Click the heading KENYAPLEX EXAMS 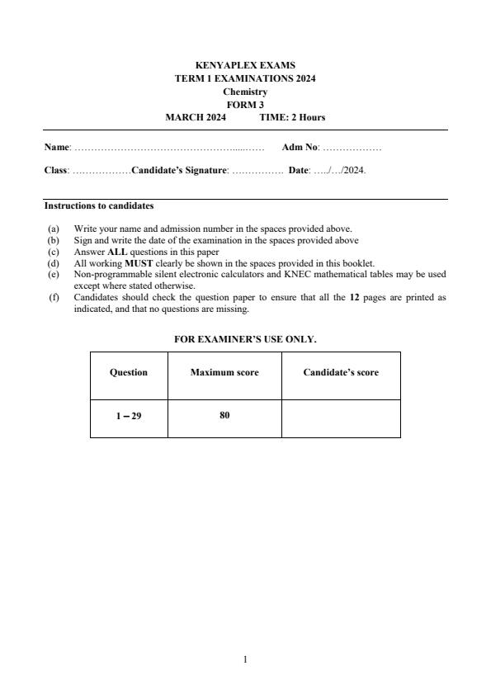coord(245,65)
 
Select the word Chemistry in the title coord(245,92)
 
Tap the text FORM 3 coord(245,105)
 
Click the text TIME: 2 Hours coord(292,117)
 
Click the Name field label coord(57,148)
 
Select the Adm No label coord(300,148)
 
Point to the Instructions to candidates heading coord(98,205)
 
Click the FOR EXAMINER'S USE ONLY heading coord(245,339)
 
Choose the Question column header coord(129,372)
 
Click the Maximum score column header coord(224,372)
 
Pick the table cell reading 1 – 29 coord(129,416)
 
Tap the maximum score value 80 coord(224,415)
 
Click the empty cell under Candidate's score coord(341,416)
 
